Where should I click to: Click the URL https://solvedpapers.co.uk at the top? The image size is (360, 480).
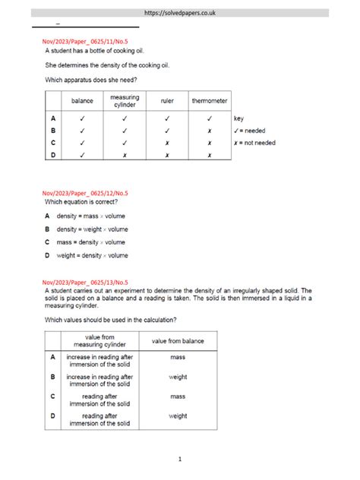[180, 13]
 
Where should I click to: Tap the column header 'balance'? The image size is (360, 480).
[82, 101]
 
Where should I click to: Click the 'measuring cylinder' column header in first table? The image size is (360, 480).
[125, 101]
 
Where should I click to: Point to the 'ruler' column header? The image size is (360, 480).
[167, 101]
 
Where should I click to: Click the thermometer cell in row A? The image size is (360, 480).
[208, 118]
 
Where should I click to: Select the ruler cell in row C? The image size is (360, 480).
[167, 143]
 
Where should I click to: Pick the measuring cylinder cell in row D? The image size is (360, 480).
[125, 155]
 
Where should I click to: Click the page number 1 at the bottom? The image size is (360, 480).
[180, 459]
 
